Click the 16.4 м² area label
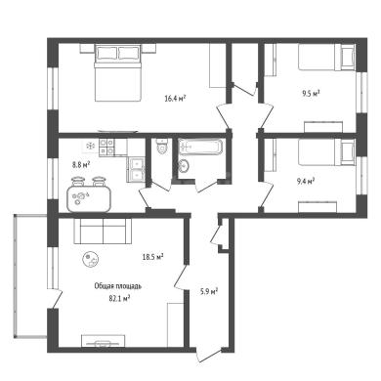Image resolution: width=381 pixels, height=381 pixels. point(175,98)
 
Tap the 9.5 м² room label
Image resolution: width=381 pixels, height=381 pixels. point(311,94)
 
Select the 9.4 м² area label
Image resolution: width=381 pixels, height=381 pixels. point(305,181)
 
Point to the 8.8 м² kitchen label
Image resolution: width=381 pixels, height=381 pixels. point(81,165)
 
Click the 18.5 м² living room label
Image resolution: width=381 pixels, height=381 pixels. point(152,257)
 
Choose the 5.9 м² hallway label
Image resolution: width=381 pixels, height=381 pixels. point(209,291)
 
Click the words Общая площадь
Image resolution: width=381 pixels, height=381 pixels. point(118,286)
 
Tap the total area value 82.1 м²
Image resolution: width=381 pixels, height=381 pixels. point(119,298)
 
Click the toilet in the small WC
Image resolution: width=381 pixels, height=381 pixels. point(162,146)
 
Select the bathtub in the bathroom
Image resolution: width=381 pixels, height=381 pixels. point(201,147)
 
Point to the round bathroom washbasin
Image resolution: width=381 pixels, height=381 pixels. point(184,166)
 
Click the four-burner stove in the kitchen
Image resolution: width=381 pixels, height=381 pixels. point(106,147)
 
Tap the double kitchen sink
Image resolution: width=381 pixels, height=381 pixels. point(137,169)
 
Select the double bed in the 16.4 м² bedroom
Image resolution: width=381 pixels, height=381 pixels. point(118,73)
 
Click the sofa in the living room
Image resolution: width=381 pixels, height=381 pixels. point(103,231)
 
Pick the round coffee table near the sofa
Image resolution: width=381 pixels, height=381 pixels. point(91,260)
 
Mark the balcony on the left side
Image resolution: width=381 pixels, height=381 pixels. point(30,276)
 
